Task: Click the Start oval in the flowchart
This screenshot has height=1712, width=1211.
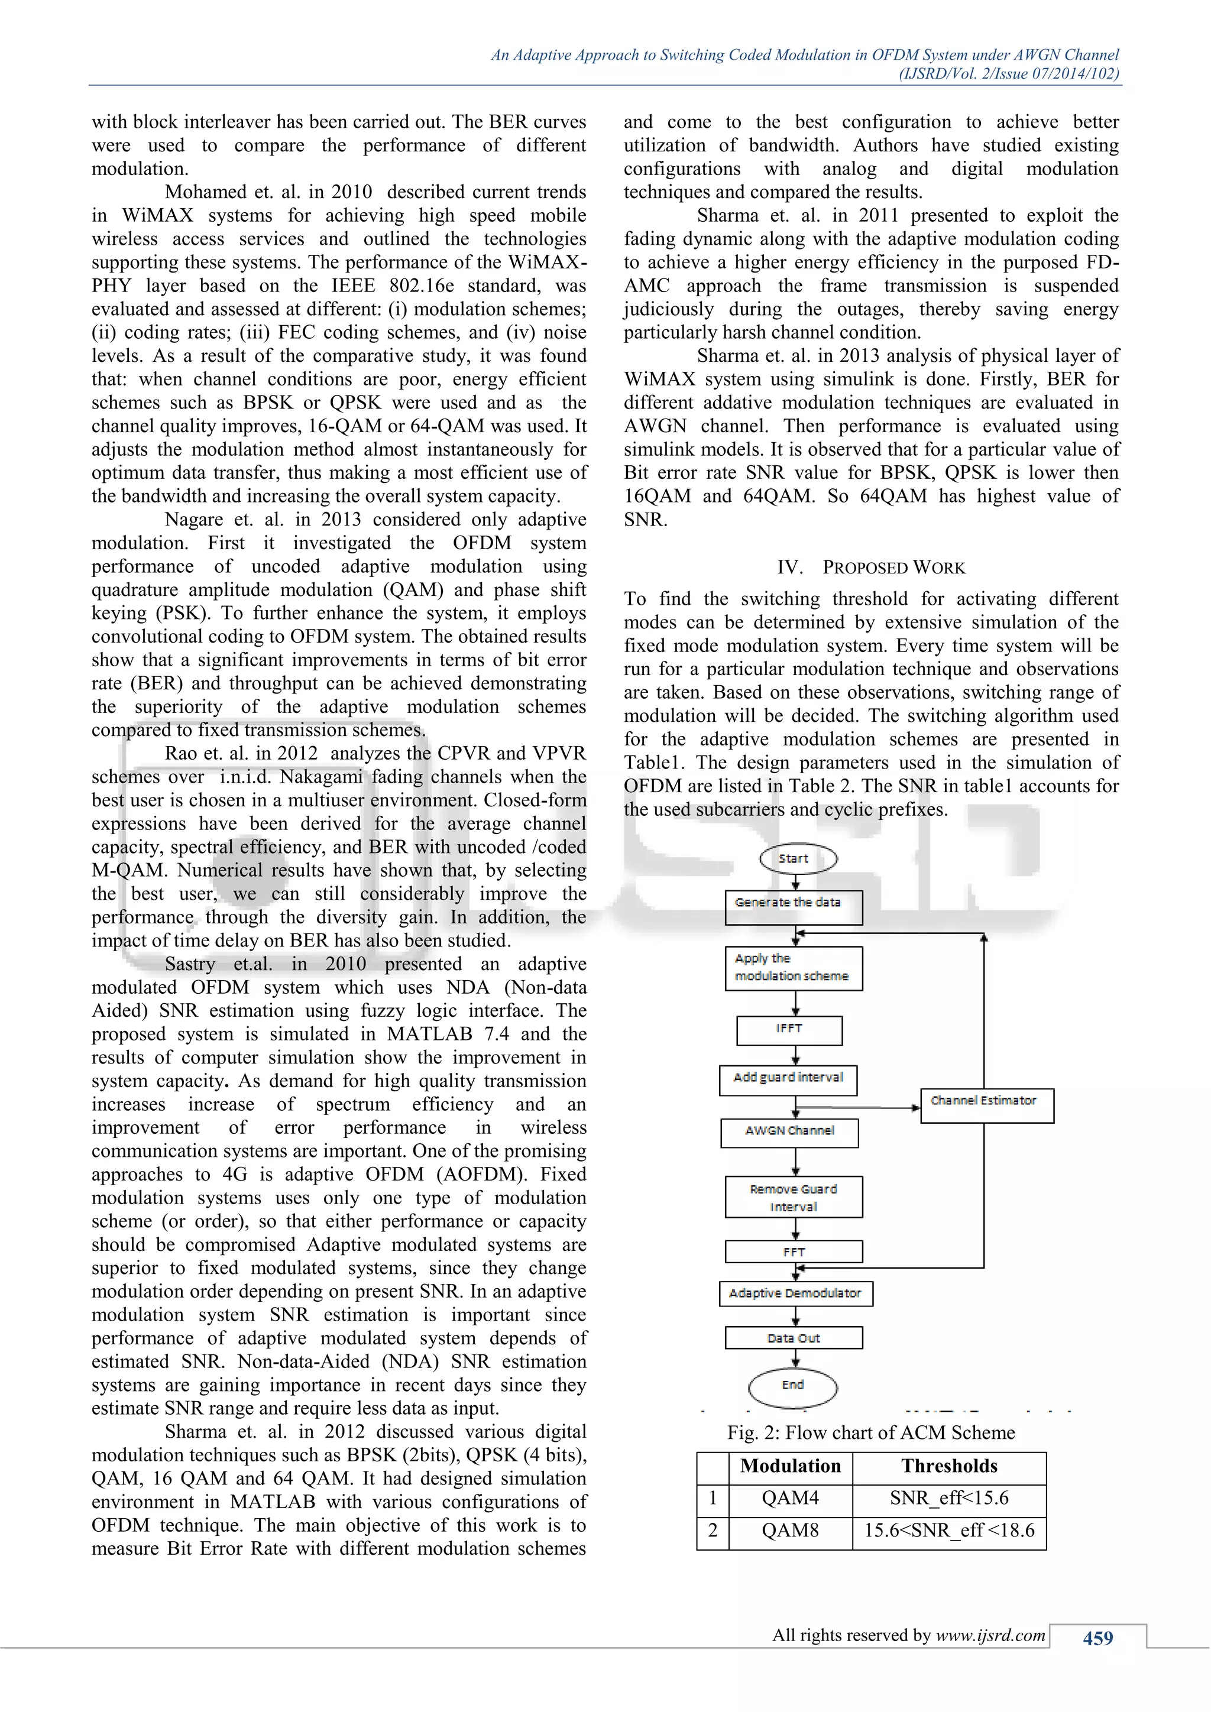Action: coord(797,858)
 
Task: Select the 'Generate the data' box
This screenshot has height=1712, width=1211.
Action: coord(793,907)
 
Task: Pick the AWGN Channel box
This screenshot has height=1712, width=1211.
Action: coord(789,1132)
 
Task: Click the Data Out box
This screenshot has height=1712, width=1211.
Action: coord(794,1338)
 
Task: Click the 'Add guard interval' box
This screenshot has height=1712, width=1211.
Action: coord(788,1079)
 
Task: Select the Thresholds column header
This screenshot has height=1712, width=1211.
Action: coord(948,1466)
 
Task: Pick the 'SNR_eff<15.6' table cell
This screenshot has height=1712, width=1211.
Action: coord(948,1498)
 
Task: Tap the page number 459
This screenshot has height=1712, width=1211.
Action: coord(1097,1638)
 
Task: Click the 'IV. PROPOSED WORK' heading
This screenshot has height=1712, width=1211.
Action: coord(871,568)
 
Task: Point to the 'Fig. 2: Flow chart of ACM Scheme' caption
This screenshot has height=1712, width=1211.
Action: coord(871,1432)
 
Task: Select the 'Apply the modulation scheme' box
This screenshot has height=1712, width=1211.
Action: coord(793,968)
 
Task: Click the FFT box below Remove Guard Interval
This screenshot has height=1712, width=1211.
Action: coord(794,1252)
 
